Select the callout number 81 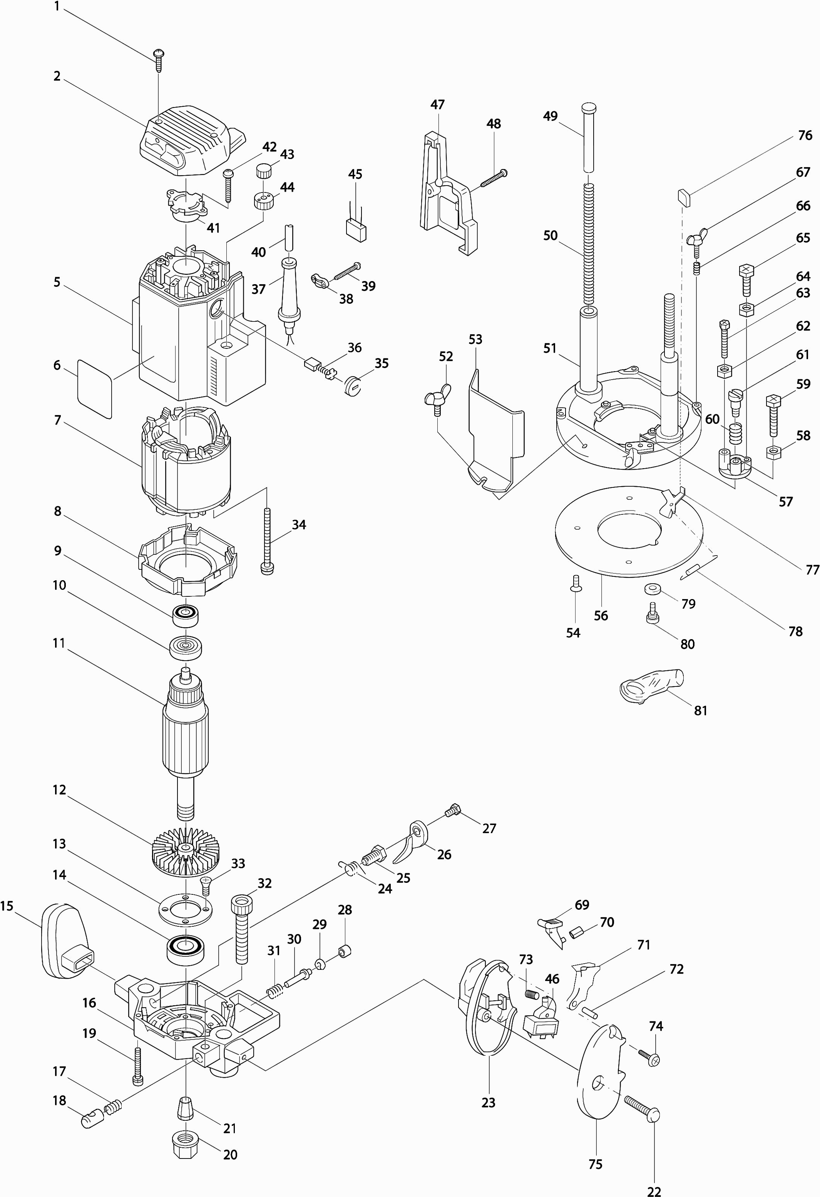coord(701,711)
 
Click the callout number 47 coord(437,105)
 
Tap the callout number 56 coord(601,616)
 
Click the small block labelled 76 coord(684,197)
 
